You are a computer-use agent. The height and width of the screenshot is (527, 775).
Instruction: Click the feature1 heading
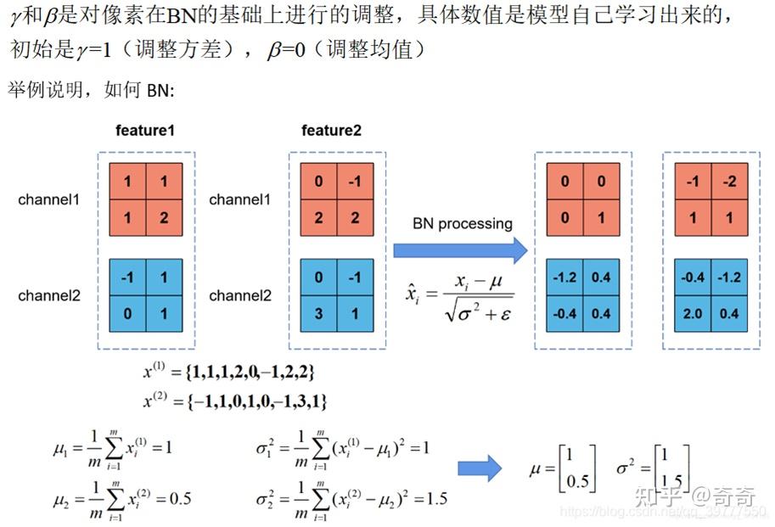(x=146, y=132)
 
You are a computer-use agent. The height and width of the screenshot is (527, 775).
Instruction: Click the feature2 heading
(x=331, y=131)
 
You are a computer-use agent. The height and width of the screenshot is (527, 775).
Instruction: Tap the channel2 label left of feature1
(x=49, y=295)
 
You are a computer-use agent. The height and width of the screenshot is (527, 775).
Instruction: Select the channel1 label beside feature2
(x=240, y=199)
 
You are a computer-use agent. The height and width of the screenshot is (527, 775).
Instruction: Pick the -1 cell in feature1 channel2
(x=127, y=278)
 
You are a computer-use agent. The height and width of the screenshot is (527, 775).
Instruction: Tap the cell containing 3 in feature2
(x=318, y=313)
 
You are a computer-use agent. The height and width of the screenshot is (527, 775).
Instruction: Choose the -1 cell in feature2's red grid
(x=354, y=182)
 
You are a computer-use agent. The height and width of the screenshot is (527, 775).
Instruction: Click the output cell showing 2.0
(x=693, y=313)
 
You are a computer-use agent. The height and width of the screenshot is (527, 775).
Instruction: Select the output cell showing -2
(x=729, y=182)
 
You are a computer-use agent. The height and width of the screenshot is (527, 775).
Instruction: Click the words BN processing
(x=463, y=224)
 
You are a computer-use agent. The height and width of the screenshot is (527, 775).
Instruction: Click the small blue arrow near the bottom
(x=480, y=468)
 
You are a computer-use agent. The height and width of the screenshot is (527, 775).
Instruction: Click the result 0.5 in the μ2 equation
(x=179, y=498)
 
